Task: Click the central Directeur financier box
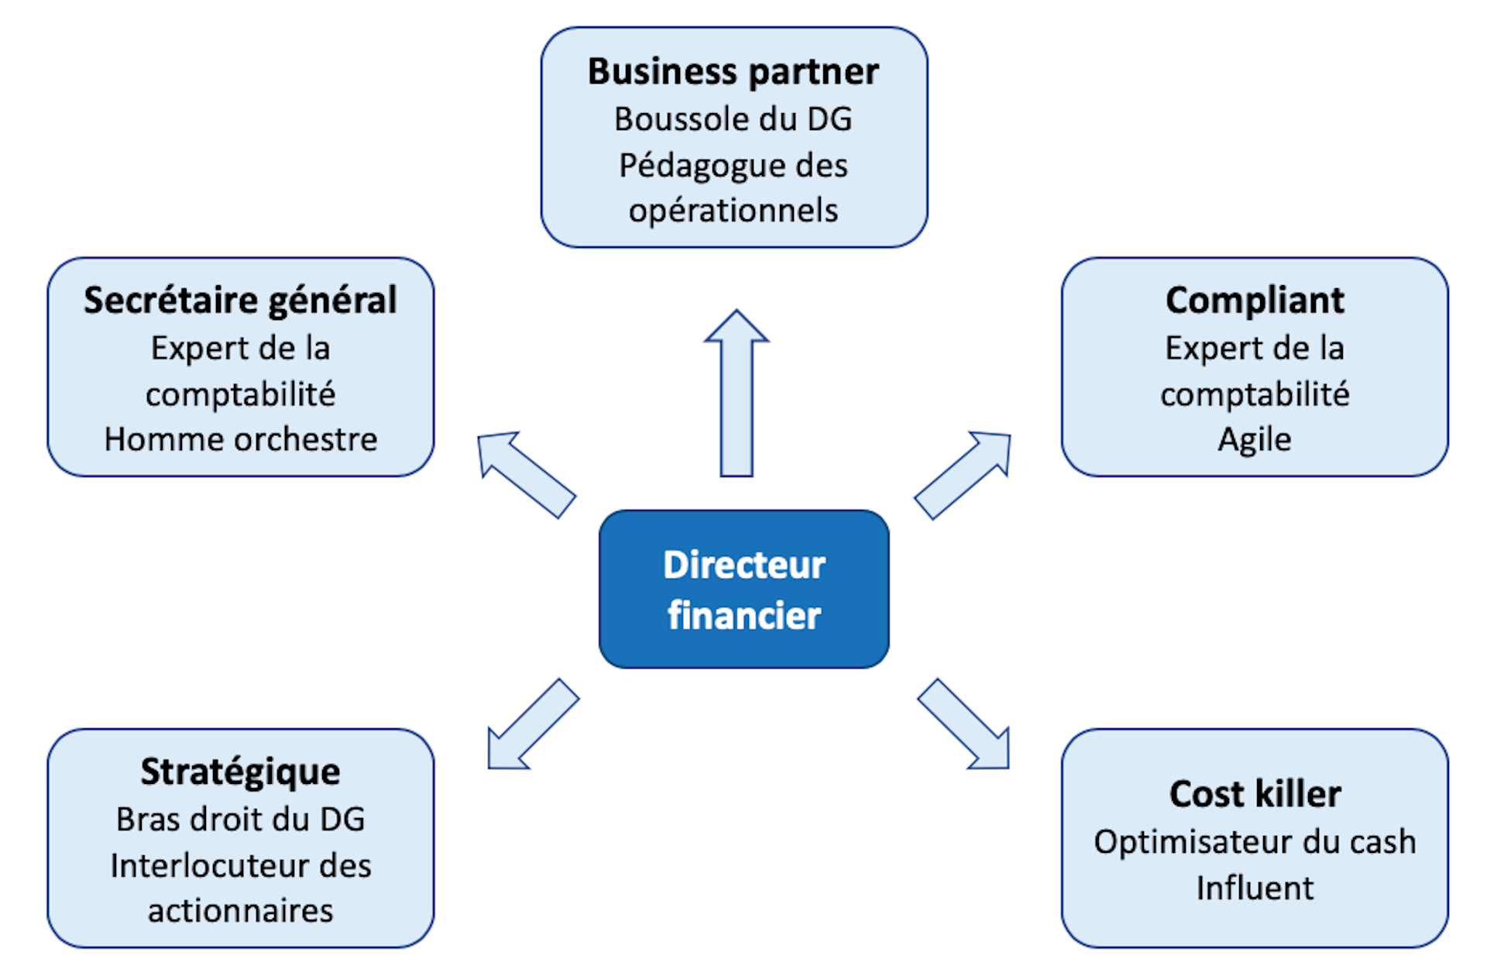[743, 589]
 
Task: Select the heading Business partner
[733, 71]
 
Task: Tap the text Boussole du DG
[733, 119]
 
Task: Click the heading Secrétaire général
[240, 301]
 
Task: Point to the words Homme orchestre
[240, 439]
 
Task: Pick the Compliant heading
[1255, 301]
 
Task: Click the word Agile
[1255, 439]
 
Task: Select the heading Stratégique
[240, 772]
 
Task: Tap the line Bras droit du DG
[240, 819]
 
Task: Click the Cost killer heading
[1255, 794]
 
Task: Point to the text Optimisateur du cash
[1255, 842]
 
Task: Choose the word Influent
[1255, 888]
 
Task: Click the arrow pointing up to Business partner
[737, 395]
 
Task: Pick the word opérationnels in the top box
[733, 211]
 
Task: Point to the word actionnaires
[240, 911]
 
